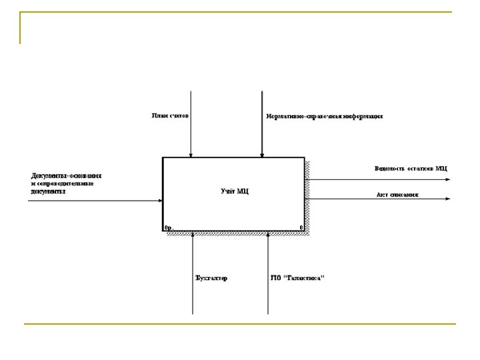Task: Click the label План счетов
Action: point(168,115)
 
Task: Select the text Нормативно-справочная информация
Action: point(324,116)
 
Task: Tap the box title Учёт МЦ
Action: point(234,192)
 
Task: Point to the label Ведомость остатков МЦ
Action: point(411,168)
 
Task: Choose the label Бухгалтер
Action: point(211,278)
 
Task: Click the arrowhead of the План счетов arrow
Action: point(191,155)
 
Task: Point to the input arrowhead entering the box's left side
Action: point(160,199)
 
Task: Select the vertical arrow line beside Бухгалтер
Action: point(192,293)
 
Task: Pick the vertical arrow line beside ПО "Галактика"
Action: point(267,293)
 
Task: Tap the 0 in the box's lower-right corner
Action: point(301,227)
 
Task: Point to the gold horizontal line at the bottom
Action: point(240,324)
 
